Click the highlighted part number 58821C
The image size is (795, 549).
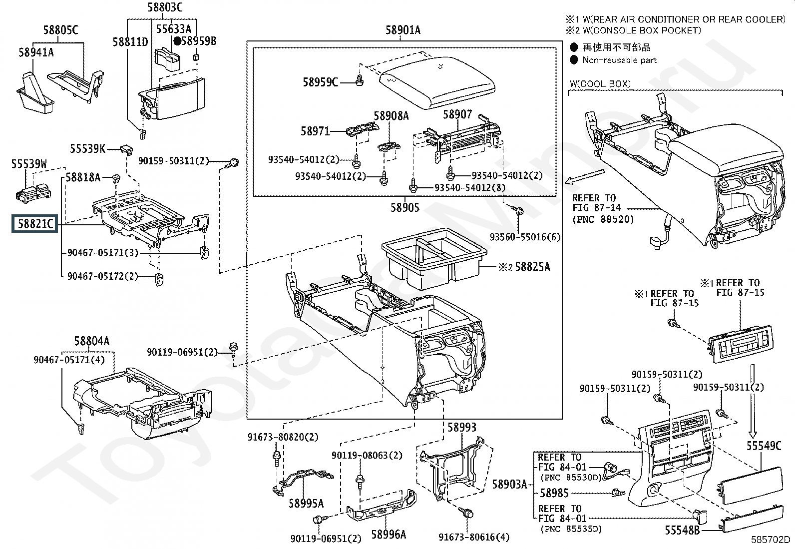[35, 224]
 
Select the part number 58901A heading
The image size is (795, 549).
[403, 30]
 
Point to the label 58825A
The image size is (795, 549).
[532, 267]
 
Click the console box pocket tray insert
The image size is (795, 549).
[434, 259]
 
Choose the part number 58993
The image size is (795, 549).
[461, 427]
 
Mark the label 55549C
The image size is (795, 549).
[764, 446]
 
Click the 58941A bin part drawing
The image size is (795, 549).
[35, 92]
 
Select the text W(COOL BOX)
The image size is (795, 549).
[600, 84]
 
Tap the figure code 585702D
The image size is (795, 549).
[770, 540]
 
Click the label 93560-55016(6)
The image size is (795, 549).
[525, 237]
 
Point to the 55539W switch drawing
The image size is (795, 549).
[33, 193]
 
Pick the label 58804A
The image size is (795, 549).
[91, 341]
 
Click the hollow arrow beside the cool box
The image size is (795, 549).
[585, 176]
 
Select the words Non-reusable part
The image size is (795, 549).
[620, 60]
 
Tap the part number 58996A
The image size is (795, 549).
[389, 534]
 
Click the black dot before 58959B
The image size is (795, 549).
[177, 41]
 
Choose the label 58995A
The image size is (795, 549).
[306, 503]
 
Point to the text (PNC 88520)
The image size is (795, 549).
[603, 219]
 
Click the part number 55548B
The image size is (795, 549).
[682, 530]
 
